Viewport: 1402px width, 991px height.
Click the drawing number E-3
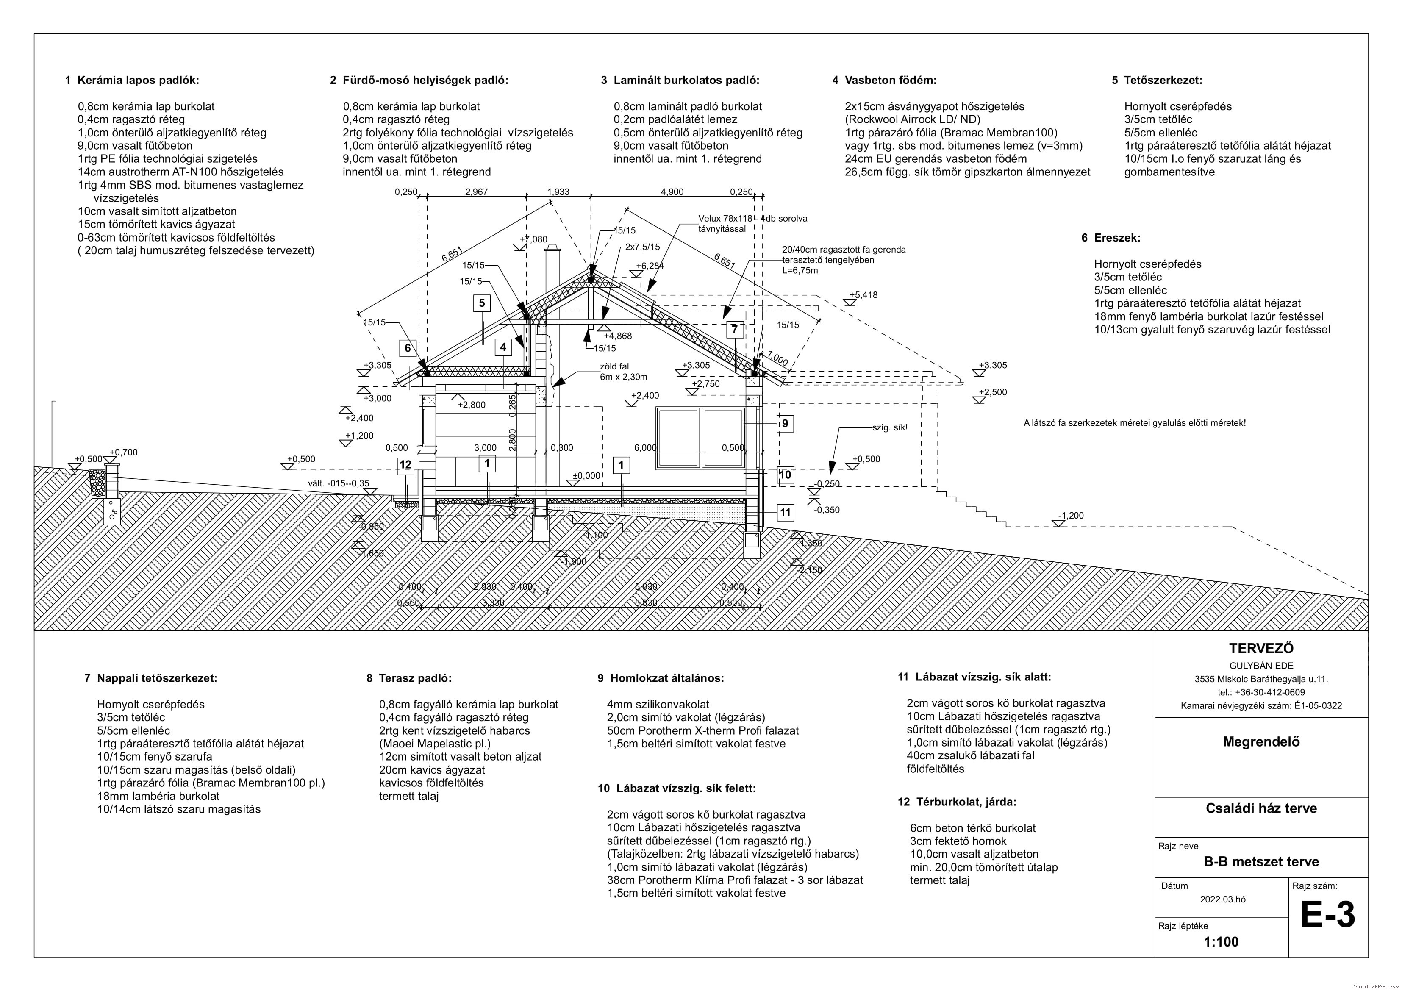tap(1327, 915)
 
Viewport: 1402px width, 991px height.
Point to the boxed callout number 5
tap(482, 303)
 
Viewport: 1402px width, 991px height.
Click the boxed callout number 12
tap(405, 465)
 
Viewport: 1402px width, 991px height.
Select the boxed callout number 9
tap(785, 423)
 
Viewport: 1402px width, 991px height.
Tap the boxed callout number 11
tap(785, 512)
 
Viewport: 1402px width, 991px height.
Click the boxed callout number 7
tap(735, 330)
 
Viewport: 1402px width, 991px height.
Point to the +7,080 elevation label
tap(534, 239)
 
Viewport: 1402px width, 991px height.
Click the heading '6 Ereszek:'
tap(1111, 238)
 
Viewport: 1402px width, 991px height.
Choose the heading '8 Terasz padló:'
tap(409, 678)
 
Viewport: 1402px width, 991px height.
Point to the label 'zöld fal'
tap(614, 366)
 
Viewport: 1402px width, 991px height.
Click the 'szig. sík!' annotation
tap(890, 427)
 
